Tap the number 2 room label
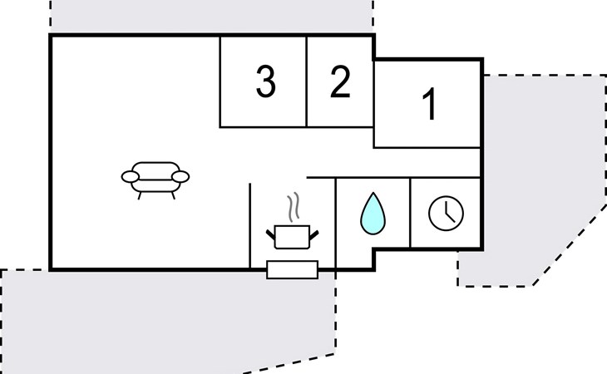pos(340,82)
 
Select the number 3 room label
pos(265,82)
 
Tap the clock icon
pos(446,214)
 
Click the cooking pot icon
pos(291,235)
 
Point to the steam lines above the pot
pos(292,205)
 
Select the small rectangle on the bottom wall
pos(292,269)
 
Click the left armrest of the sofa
pos(131,176)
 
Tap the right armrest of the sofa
pos(180,176)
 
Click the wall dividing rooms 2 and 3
pos(307,81)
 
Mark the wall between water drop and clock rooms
pos(410,213)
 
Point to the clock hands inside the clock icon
pos(448,215)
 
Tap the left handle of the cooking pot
pos(270,236)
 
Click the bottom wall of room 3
pos(264,127)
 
